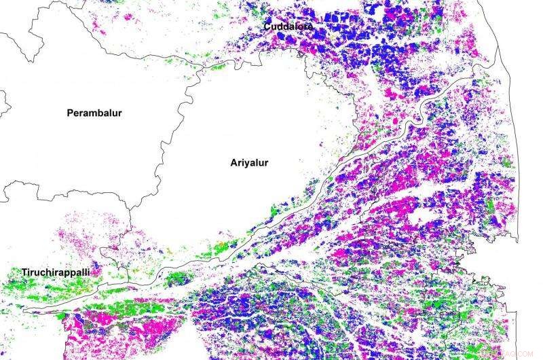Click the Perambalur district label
94,113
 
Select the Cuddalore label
288,26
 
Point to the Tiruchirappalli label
56,272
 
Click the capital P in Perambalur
70,113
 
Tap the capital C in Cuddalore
269,26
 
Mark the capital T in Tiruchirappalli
24,272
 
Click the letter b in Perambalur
100,113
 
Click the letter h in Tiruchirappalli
48,272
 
